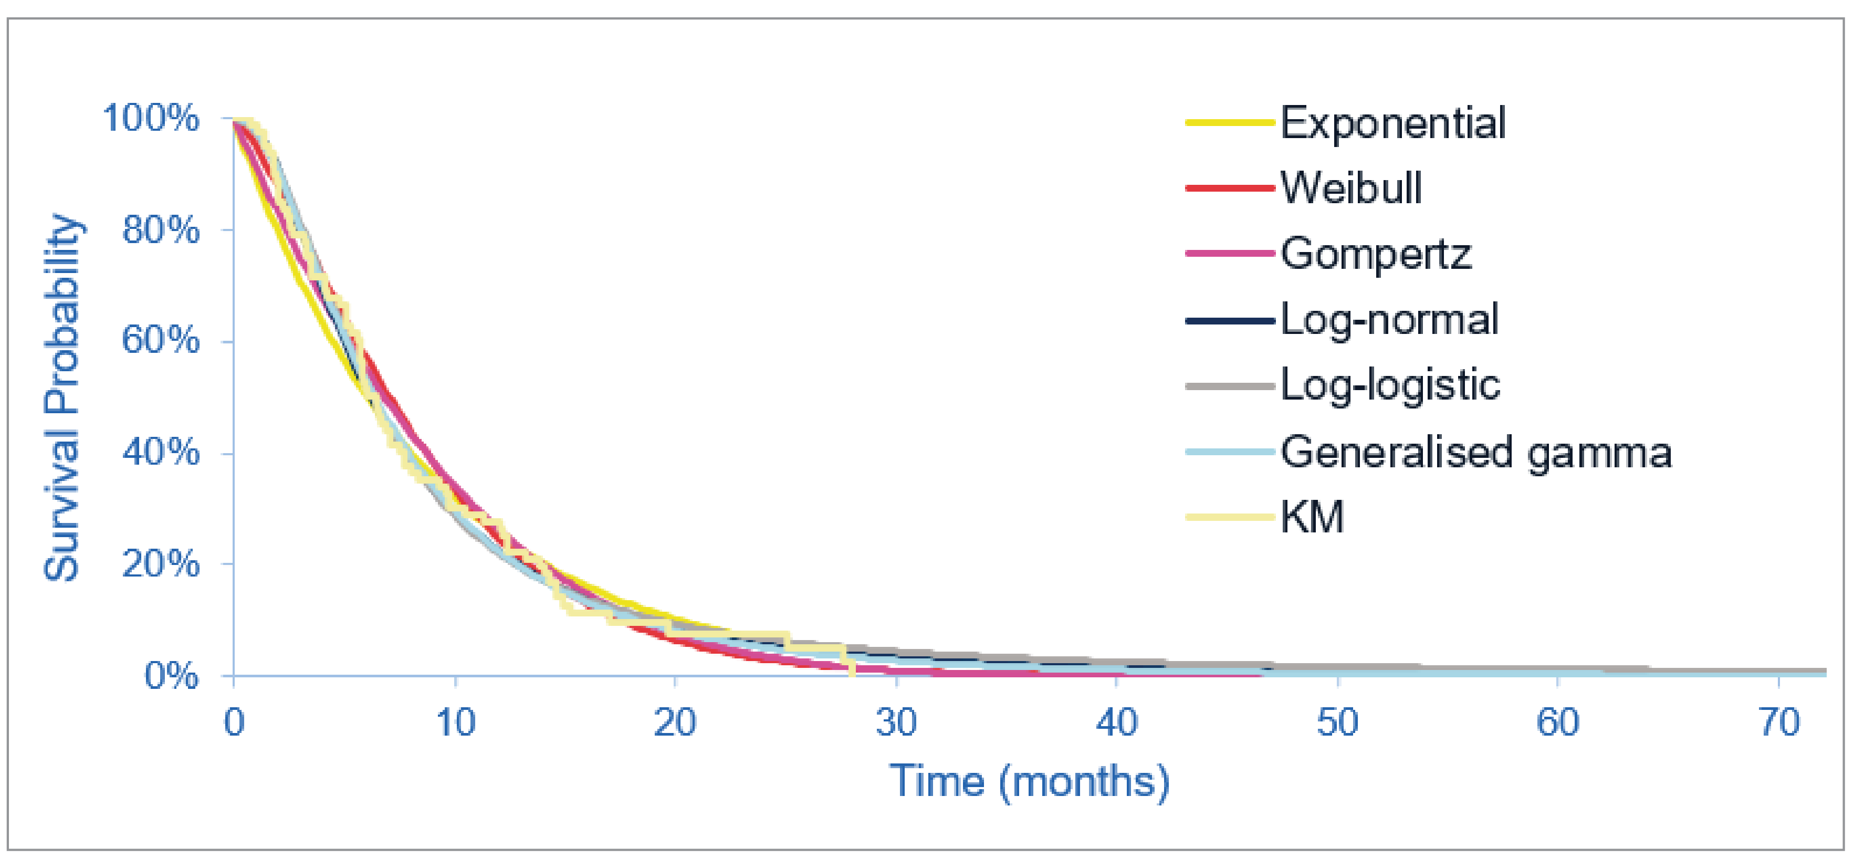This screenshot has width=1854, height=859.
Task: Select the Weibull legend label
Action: point(1350,188)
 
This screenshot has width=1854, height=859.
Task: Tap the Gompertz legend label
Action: point(1375,254)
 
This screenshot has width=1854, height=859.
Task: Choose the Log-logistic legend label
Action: point(1390,385)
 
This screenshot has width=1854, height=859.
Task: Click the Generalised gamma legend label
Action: point(1475,453)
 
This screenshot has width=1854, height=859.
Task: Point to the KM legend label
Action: point(1311,517)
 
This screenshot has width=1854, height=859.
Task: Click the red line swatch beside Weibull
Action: point(1229,188)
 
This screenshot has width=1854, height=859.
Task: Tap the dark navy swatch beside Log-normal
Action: point(1229,320)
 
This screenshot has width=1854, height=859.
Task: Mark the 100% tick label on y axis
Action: point(151,118)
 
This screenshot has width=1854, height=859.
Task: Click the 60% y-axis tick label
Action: point(161,340)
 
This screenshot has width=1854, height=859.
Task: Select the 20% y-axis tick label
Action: point(161,563)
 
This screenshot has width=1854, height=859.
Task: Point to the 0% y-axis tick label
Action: point(171,676)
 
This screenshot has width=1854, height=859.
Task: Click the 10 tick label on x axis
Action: point(456,722)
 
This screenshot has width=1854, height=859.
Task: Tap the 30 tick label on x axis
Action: point(896,722)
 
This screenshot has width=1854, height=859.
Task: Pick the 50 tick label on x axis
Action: point(1337,722)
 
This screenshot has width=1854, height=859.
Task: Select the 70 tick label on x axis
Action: point(1779,722)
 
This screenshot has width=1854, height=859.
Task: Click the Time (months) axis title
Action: point(1029,781)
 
